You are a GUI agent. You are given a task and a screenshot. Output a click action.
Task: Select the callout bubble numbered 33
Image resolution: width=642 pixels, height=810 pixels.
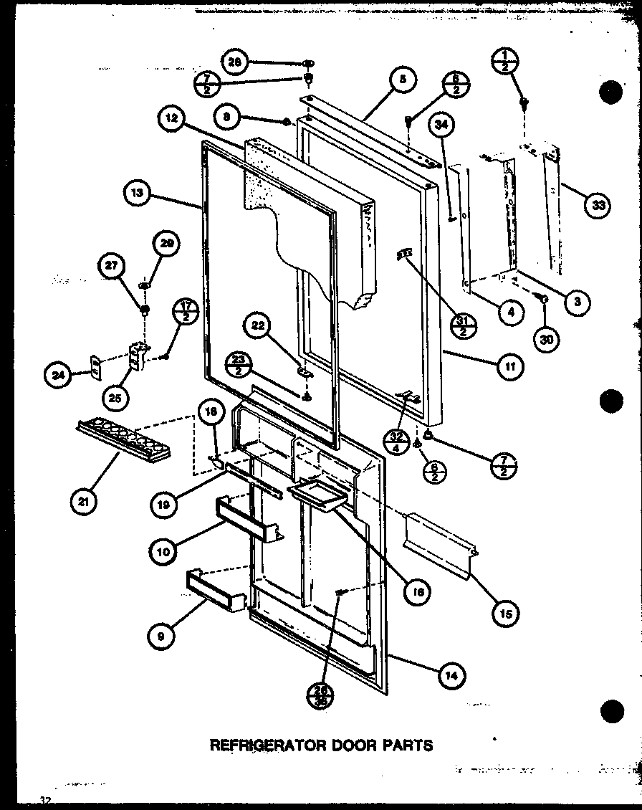(x=597, y=206)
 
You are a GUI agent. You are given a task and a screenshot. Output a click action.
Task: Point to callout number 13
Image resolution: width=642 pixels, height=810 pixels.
(x=137, y=194)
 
